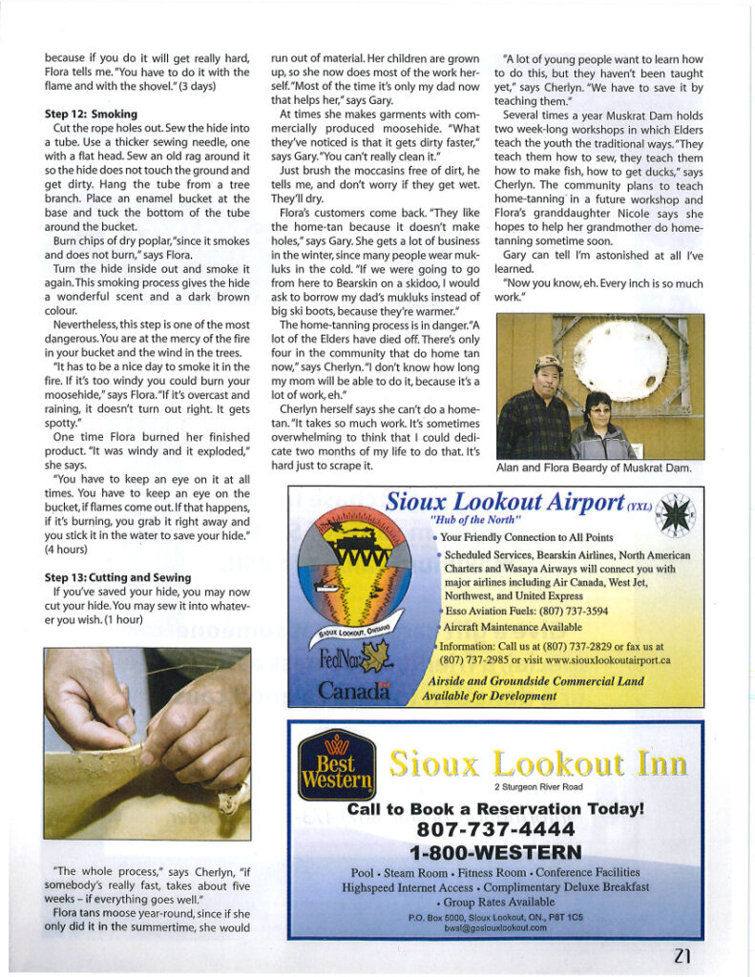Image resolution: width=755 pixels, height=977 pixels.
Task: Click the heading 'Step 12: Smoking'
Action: pos(92,114)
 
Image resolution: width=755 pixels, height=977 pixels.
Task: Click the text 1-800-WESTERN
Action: pos(495,851)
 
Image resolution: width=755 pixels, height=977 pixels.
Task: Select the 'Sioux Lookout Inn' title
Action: pos(536,763)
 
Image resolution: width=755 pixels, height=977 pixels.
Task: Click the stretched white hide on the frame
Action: pos(621,360)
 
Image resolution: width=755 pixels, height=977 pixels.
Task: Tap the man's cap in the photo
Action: pos(547,363)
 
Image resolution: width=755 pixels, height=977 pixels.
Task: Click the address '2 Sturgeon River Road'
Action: pos(538,786)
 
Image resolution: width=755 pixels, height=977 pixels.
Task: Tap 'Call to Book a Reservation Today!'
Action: pos(495,808)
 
